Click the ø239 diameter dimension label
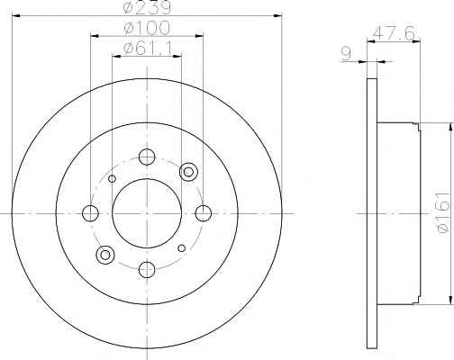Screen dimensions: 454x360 tap(147, 8)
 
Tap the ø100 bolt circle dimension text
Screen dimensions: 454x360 tap(147, 28)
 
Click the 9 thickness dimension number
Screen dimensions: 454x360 tap(347, 54)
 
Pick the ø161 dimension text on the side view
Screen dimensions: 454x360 tap(444, 212)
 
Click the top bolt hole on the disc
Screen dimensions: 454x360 tap(147, 157)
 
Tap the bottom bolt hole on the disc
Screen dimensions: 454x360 tap(147, 269)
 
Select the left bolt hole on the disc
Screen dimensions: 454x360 tap(90, 213)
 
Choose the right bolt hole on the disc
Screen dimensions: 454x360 tap(204, 213)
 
